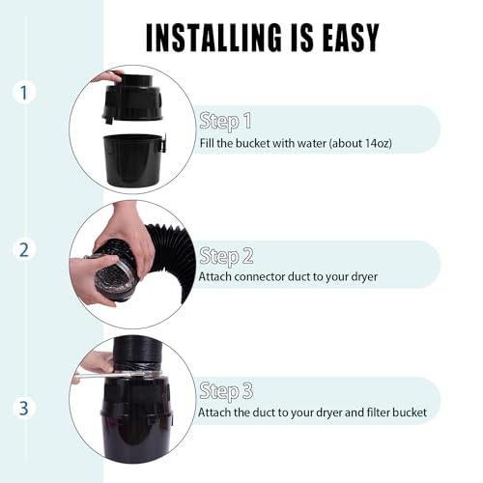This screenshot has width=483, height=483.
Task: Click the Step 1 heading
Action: [x=225, y=121]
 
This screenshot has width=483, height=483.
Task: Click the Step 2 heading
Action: [x=227, y=256]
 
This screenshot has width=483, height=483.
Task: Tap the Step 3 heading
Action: [x=227, y=391]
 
